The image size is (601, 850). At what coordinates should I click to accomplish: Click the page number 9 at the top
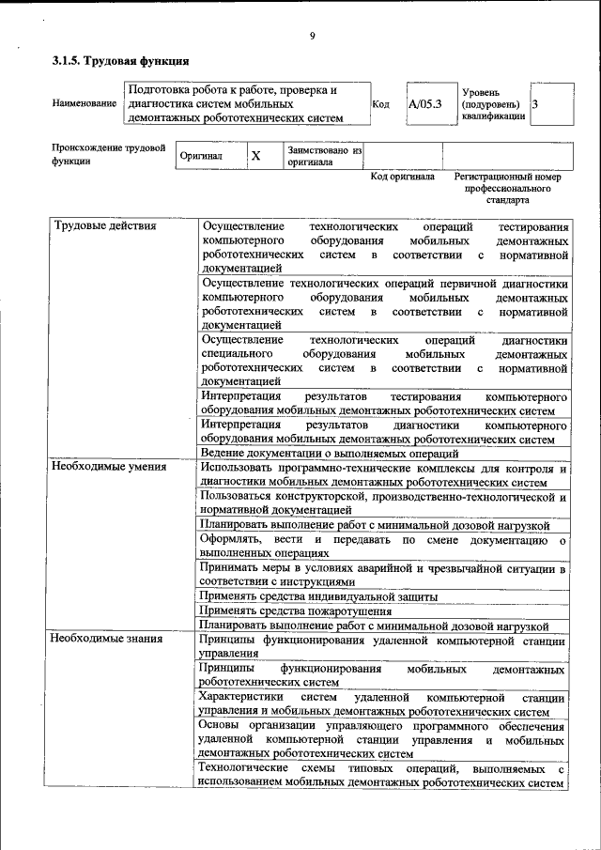point(311,38)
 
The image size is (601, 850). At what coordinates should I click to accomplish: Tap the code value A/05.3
point(425,104)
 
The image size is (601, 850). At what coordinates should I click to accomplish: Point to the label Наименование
point(85,104)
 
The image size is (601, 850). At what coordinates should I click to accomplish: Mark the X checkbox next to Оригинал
point(255,155)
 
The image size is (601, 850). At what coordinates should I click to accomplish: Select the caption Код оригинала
point(403,177)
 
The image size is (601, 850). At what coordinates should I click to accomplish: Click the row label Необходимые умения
point(110,466)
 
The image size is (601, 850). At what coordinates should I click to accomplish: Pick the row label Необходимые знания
point(107,639)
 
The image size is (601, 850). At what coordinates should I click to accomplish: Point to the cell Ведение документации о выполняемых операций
point(330,453)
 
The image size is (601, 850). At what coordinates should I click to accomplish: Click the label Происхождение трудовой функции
point(108,154)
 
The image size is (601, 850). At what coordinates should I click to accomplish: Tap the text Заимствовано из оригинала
point(324,155)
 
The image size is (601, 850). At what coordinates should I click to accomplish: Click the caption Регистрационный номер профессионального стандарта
point(507,188)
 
